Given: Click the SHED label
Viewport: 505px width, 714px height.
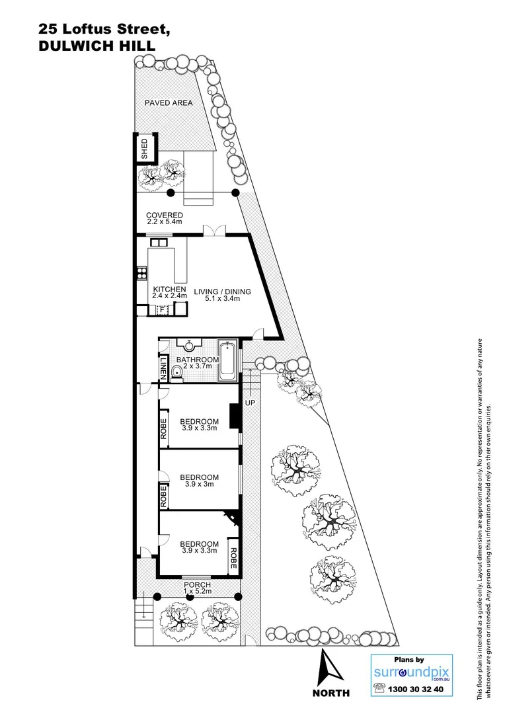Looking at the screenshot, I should point(145,149).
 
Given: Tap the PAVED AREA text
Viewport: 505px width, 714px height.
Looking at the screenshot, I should point(169,103).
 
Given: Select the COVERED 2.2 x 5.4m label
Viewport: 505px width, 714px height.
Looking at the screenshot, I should point(165,219).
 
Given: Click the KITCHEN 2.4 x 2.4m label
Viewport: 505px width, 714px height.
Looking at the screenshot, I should point(170,293).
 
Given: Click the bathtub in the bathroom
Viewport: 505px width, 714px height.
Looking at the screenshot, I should point(227,362).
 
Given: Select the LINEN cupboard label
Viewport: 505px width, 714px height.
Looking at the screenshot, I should point(163,369).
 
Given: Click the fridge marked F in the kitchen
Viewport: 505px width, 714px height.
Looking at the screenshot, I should point(162,309).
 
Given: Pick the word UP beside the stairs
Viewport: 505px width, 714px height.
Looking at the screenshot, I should point(250,403).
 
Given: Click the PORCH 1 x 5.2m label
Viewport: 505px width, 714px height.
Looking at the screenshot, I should point(197,588).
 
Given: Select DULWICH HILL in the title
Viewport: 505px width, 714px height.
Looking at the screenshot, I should point(97,45).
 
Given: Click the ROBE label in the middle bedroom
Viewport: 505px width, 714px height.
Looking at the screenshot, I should point(163,496).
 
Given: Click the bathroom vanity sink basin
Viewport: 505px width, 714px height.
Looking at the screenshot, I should point(190,344).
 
